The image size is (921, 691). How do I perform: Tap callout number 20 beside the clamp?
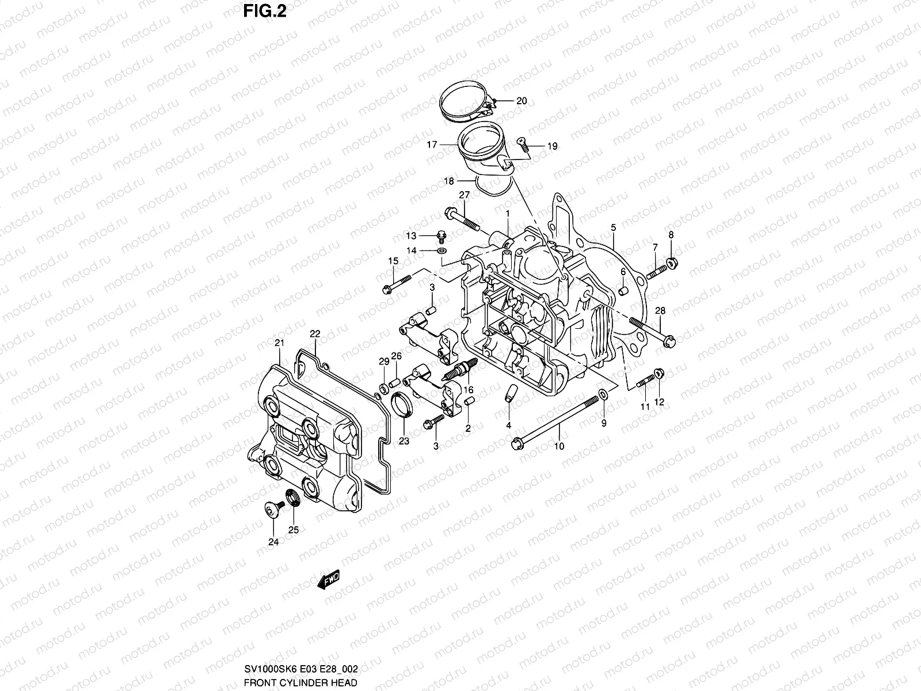(521, 101)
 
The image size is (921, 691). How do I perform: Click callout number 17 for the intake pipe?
(432, 145)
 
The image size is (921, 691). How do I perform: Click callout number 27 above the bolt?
(465, 195)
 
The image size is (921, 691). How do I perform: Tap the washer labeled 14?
(442, 251)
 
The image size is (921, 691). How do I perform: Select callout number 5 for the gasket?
(614, 228)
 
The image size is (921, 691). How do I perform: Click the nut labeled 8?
(672, 264)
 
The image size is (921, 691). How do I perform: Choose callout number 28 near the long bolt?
(660, 311)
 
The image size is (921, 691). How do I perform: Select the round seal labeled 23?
(402, 403)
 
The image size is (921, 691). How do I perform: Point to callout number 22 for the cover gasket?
(315, 334)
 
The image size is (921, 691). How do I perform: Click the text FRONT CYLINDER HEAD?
(300, 682)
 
